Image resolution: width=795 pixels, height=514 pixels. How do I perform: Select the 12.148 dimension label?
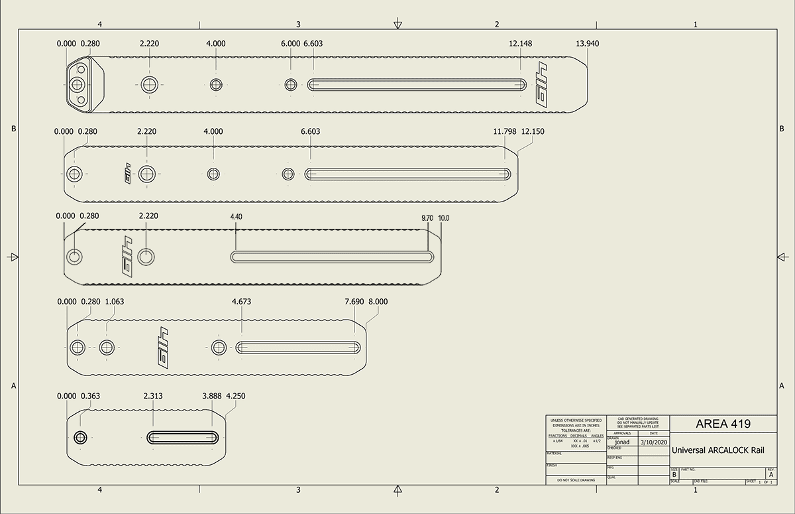pos(521,44)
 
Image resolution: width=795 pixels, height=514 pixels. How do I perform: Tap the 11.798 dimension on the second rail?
pos(505,131)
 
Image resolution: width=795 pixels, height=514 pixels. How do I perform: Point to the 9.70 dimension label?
pos(428,218)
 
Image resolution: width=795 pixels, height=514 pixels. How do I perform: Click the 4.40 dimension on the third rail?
pos(237,217)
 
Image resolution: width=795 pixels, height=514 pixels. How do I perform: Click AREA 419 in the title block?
pos(723,424)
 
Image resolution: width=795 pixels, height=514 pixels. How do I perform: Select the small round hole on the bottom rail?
pos(81,438)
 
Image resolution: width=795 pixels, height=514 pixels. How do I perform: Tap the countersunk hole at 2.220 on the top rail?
pos(150,84)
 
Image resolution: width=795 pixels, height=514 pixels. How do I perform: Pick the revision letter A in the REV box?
pos(770,476)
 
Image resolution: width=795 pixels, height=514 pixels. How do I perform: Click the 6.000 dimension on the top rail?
pos(290,44)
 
